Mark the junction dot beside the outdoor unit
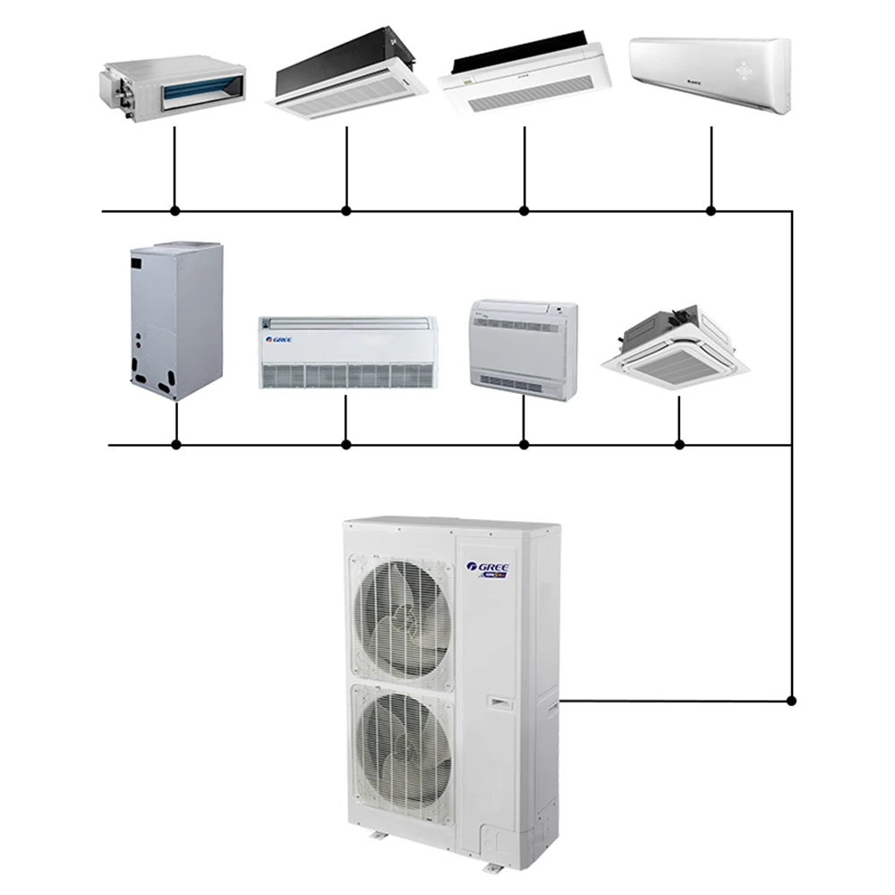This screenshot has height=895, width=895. point(791,700)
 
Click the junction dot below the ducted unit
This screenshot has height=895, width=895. point(175,211)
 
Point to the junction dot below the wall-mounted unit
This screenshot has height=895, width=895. point(711,211)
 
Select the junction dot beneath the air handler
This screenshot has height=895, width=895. point(176,444)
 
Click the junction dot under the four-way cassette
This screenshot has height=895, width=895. point(679,444)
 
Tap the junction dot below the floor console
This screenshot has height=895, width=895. point(524,444)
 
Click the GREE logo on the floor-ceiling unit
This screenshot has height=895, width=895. point(277,340)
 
